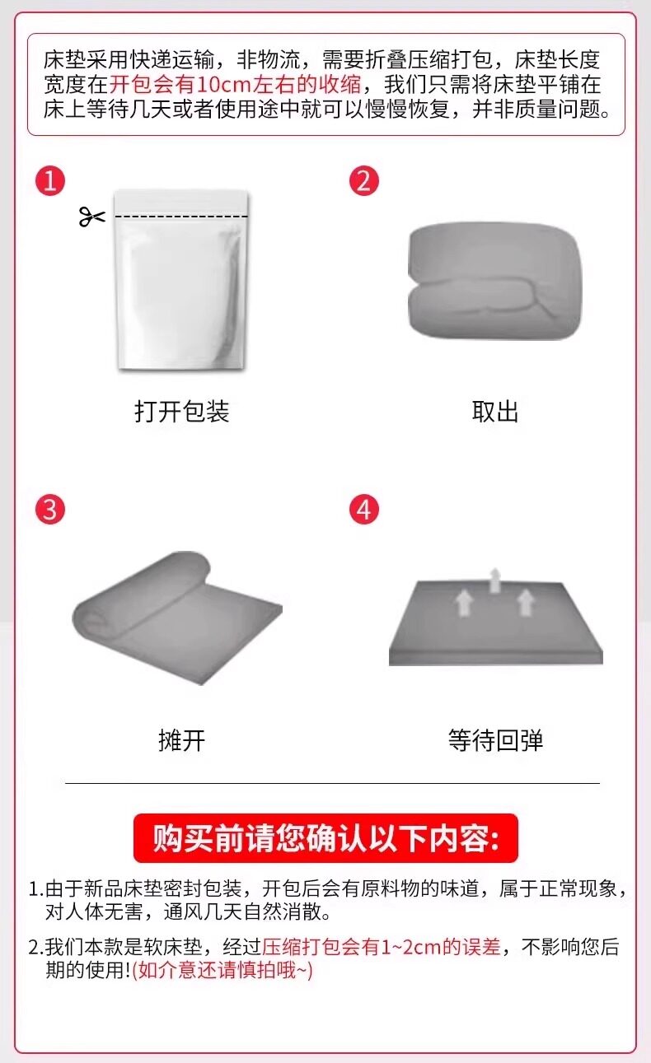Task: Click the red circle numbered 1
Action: tap(50, 180)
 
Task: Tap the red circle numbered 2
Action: tap(364, 180)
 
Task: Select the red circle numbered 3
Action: tap(50, 510)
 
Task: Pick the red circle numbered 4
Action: tap(364, 510)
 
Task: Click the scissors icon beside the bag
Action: tap(91, 217)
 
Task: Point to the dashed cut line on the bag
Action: tap(182, 217)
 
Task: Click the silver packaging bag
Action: tap(182, 280)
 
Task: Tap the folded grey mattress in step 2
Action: tap(494, 281)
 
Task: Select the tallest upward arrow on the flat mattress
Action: tap(495, 580)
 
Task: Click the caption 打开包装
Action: tap(182, 411)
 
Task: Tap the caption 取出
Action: tap(494, 411)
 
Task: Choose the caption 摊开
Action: tap(182, 740)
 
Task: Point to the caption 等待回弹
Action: tap(495, 740)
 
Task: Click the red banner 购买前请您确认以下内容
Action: tap(325, 838)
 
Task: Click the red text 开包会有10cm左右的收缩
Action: tap(236, 85)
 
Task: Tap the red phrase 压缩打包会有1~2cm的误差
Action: tap(382, 947)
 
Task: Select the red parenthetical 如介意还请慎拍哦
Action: tap(222, 970)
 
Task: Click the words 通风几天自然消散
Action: tap(247, 911)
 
